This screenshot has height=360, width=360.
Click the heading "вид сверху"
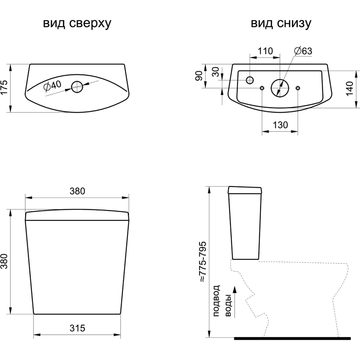tap(77, 24)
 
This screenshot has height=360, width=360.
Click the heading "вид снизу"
tap(281, 24)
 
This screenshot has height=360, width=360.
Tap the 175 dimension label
tap(4, 88)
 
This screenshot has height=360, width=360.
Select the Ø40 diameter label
tap(53, 87)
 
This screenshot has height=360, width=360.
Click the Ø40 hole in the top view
tap(77, 86)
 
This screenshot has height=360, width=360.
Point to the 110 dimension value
tap(265, 51)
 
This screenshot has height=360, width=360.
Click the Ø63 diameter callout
tap(303, 51)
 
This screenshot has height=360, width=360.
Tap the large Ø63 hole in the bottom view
tap(280, 87)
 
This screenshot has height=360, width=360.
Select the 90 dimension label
tap(199, 76)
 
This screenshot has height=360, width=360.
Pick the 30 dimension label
tap(216, 72)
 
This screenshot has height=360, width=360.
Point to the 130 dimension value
tap(280, 125)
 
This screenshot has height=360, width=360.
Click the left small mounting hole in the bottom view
tap(262, 88)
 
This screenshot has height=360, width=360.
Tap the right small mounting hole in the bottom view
tap(298, 88)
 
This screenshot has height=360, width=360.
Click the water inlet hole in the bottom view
tap(250, 80)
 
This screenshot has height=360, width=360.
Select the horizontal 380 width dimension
tap(77, 191)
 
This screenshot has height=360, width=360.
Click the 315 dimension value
tap(77, 328)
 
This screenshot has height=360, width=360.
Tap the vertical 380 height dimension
tap(4, 262)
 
